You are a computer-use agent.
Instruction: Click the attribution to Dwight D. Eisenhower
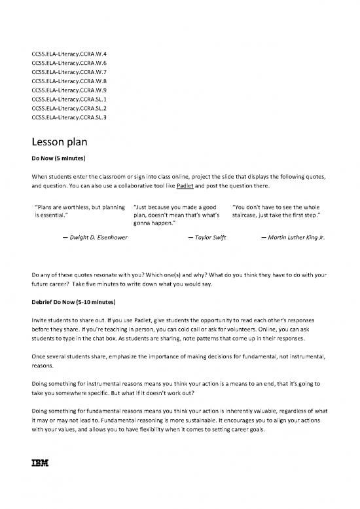(92, 237)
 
